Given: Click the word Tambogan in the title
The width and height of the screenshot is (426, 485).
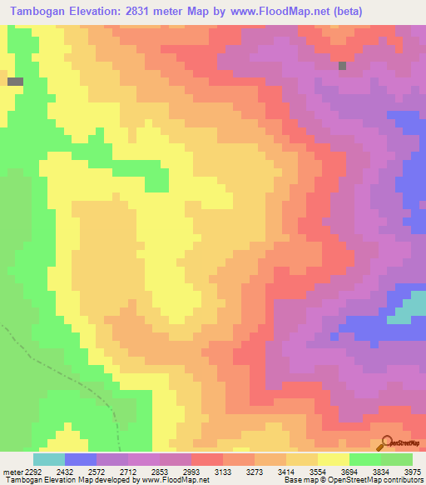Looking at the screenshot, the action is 42,10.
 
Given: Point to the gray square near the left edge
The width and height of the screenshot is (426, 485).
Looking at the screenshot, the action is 16,82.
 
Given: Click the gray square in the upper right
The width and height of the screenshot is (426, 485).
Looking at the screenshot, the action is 342,65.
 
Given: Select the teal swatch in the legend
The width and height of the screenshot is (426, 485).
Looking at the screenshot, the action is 49,458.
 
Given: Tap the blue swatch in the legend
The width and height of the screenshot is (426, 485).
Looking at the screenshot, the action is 81,458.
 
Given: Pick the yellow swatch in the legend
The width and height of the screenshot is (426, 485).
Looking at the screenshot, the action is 334,458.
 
